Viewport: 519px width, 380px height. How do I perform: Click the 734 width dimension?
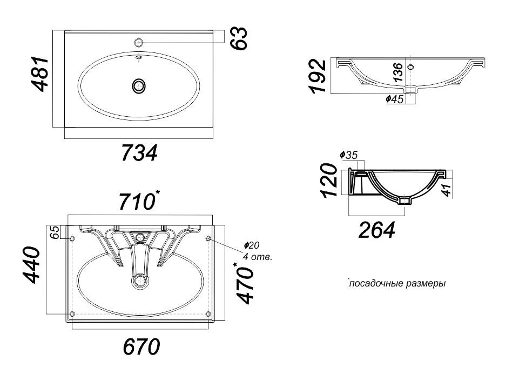point(139,153)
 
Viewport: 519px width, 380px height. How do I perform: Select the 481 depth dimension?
point(40,74)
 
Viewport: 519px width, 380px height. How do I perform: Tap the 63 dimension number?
point(239,38)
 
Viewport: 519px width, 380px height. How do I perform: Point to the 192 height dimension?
point(318,76)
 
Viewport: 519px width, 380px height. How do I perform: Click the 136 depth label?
point(398,72)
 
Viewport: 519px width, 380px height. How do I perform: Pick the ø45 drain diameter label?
point(395,99)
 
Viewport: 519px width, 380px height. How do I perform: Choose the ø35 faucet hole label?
point(348,155)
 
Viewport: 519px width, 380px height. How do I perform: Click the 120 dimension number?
point(330,180)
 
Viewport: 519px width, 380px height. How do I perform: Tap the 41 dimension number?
point(447,190)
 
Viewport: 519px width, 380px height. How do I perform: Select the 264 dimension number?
point(376,230)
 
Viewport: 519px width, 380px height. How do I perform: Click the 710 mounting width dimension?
point(139,201)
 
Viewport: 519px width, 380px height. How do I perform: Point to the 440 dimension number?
point(31,265)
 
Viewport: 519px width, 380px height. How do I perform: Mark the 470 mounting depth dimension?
point(246,283)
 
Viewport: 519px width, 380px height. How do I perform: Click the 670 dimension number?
point(141,346)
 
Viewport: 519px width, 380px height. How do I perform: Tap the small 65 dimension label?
point(56,232)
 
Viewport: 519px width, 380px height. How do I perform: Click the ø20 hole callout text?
point(252,245)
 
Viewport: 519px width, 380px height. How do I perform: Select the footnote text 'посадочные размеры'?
point(397,284)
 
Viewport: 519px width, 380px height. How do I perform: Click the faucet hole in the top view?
point(139,42)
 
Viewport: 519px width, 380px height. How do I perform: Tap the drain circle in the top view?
point(139,86)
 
